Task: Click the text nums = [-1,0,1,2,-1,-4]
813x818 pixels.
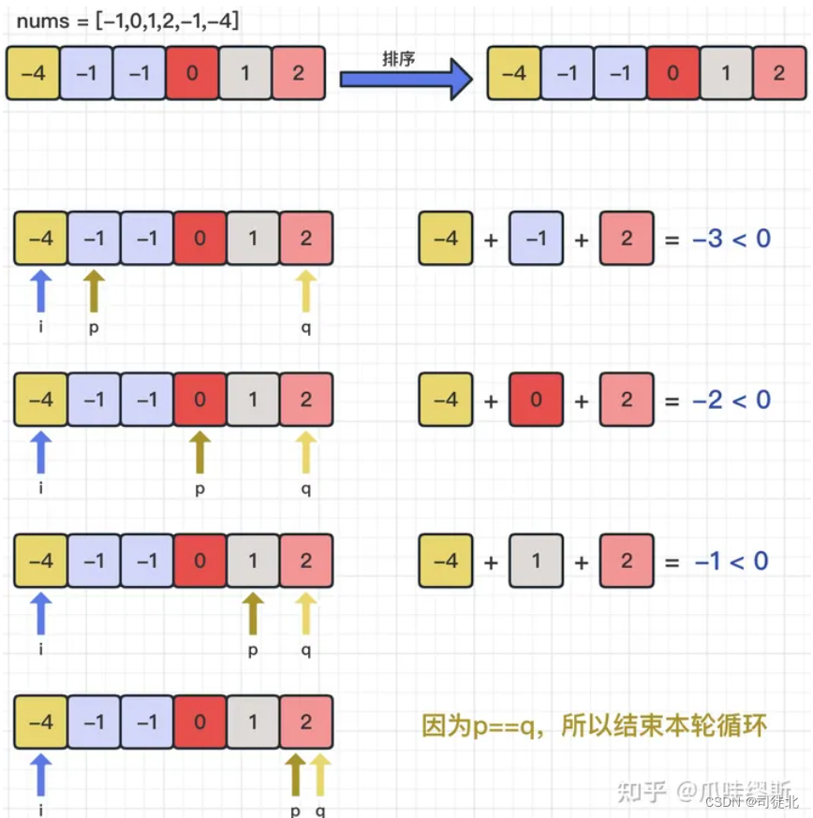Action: (x=127, y=22)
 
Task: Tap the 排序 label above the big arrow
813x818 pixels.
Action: (x=397, y=58)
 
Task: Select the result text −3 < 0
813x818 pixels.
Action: (x=732, y=239)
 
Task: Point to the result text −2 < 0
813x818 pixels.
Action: (x=732, y=401)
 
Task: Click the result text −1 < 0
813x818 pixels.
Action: (x=732, y=561)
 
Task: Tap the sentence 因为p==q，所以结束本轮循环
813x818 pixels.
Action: (x=595, y=724)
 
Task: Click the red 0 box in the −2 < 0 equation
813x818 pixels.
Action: (x=536, y=401)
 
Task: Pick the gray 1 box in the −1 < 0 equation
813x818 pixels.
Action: (x=536, y=561)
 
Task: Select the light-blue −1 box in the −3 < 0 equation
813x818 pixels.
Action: (x=536, y=239)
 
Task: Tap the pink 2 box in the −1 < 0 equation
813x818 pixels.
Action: (x=627, y=561)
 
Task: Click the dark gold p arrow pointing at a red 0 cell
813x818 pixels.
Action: (x=200, y=453)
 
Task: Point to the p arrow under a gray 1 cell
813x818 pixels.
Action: (x=252, y=614)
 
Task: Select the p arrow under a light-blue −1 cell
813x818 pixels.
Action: (x=95, y=292)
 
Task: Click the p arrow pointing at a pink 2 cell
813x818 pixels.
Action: (x=296, y=775)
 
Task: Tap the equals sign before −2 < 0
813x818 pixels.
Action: (x=671, y=401)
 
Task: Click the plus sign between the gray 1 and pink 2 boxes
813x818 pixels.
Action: (x=582, y=561)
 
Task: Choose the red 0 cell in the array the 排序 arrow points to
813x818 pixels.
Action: (x=672, y=73)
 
